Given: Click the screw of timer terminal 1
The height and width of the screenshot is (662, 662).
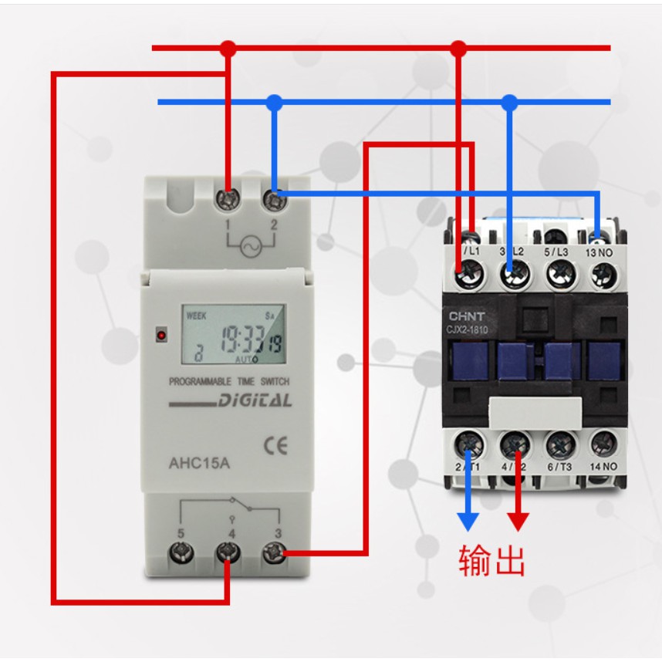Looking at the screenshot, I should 228,200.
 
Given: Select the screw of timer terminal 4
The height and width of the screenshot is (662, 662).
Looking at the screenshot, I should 228,552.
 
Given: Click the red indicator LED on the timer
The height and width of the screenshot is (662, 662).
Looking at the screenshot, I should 161,335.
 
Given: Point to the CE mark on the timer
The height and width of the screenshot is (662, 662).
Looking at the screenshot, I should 275,447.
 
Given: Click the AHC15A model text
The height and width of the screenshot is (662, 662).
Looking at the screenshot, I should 199,464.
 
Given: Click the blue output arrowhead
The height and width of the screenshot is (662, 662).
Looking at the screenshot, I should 468,522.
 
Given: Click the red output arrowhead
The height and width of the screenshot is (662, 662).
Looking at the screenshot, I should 517,522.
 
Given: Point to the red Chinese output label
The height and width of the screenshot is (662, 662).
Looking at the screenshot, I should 491,562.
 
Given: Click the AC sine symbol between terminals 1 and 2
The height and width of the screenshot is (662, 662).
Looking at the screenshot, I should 250,246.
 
